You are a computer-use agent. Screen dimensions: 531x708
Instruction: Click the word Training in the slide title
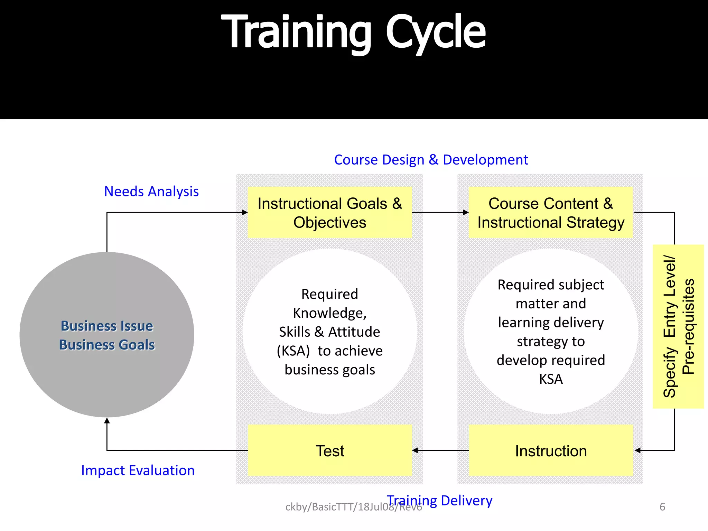coord(296,33)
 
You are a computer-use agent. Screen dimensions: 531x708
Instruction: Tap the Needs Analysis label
coord(151,192)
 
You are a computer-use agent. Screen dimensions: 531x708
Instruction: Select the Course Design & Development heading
coord(431,160)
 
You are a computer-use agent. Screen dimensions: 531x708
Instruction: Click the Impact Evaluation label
coord(138,471)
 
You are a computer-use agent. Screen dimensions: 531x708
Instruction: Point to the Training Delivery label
coord(440,500)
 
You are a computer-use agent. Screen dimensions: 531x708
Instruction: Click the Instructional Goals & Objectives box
coord(330,213)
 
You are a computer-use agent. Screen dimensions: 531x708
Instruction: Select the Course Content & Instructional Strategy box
coord(551,213)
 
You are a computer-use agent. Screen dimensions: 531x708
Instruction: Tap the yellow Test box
coord(330,451)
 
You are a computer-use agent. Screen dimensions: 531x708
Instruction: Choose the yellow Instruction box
coord(551,451)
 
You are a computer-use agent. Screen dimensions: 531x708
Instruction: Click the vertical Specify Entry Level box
coord(678,326)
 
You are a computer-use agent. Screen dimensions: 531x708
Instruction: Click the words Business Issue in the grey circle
coord(107,326)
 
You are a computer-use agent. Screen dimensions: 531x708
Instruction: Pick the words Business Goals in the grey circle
coord(107,345)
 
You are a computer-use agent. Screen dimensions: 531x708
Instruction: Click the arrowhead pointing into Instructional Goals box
coord(245,212)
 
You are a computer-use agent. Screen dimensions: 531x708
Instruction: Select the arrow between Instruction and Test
coord(440,450)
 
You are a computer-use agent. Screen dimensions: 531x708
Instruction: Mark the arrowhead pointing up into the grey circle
coord(107,421)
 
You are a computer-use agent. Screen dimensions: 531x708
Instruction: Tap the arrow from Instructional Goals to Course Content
coord(440,212)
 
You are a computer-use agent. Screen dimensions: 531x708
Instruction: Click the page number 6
coord(662,507)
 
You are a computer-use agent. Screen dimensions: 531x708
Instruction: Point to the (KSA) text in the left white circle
coord(293,351)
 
